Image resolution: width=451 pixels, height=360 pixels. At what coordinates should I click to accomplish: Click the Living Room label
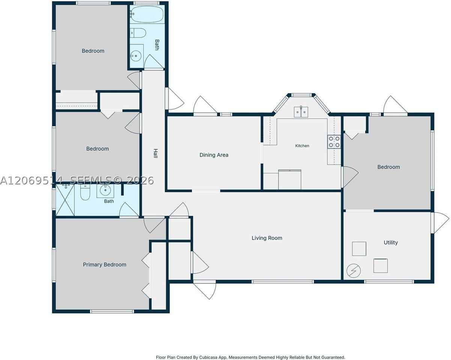tap(267, 238)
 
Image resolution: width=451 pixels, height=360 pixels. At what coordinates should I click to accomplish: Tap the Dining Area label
tap(214, 155)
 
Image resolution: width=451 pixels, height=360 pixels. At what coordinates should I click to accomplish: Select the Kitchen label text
tap(302, 146)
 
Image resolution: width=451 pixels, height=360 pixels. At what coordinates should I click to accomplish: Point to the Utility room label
tap(391, 243)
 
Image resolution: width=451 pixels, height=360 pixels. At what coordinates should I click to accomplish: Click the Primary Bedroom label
tap(105, 265)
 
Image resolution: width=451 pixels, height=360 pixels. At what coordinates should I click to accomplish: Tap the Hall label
tap(155, 153)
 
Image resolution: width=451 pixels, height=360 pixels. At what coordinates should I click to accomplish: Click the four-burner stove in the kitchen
tap(334, 142)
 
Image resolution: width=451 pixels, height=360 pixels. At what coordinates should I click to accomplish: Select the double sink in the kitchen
tap(301, 112)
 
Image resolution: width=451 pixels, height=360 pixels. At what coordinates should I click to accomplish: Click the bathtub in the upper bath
tap(147, 14)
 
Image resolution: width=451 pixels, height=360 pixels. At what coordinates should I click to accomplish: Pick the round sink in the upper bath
tap(136, 56)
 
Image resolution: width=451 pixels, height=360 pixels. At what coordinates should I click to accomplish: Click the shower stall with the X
tap(65, 200)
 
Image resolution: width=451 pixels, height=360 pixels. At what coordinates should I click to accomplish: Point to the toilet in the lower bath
tap(85, 192)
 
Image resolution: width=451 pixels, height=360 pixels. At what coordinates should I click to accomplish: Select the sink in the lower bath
tap(105, 190)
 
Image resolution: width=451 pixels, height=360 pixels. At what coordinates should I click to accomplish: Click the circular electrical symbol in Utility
tap(353, 271)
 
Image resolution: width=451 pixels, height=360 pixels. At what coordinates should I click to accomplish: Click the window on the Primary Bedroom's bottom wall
tap(112, 311)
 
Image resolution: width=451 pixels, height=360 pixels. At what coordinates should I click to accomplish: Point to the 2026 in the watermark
tap(140, 180)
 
